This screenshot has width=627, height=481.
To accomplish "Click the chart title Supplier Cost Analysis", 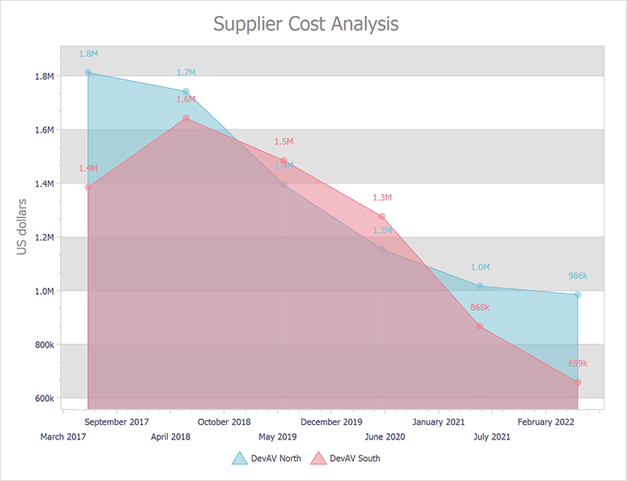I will [x=306, y=24].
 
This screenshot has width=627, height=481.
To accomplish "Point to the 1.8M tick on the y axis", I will [x=42, y=77].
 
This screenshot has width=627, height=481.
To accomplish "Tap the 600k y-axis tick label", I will [x=42, y=399].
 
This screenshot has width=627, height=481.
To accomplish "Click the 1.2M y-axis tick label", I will [x=42, y=238].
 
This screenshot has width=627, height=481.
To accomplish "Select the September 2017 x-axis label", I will [x=117, y=422].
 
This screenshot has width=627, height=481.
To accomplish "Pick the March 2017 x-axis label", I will [x=63, y=437].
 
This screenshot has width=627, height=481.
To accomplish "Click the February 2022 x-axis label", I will [x=547, y=422].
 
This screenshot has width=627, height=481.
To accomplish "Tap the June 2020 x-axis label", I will [x=384, y=437].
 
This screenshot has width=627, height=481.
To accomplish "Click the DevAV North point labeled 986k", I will [x=577, y=295].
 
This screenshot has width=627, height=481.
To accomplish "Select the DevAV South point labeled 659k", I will [x=577, y=382].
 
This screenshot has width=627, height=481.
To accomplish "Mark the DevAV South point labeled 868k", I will [x=480, y=326].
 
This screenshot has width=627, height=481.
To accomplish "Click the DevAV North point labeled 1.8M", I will [x=88, y=73].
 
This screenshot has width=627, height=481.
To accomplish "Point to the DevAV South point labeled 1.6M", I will [x=186, y=118].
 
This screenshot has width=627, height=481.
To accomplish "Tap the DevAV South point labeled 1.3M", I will [x=382, y=217].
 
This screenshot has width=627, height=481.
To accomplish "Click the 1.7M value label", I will [x=186, y=73].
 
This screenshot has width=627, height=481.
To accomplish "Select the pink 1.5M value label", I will [x=284, y=141].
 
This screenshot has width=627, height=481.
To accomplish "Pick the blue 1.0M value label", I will [x=480, y=268].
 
